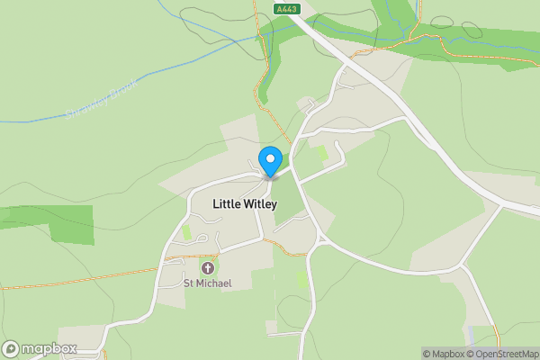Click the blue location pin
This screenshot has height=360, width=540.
pos(269,162)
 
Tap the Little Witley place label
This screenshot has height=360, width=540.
pos(245,204)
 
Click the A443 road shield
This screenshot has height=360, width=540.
pos(287,7)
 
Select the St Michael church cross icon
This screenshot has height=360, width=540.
pos(208,268)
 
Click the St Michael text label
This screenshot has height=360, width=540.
pos(208,283)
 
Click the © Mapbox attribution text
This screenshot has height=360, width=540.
pos(442,354)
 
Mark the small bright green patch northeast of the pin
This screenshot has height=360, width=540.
pos(321,153)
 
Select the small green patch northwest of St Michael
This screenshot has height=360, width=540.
pos(187,232)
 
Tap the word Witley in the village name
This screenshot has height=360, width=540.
pos(260,204)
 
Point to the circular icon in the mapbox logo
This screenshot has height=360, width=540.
pos(11,348)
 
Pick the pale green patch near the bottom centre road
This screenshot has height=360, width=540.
pos(302,280)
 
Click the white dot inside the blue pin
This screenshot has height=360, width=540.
pos(269,158)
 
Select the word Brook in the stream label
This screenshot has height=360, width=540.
pos(122,89)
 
